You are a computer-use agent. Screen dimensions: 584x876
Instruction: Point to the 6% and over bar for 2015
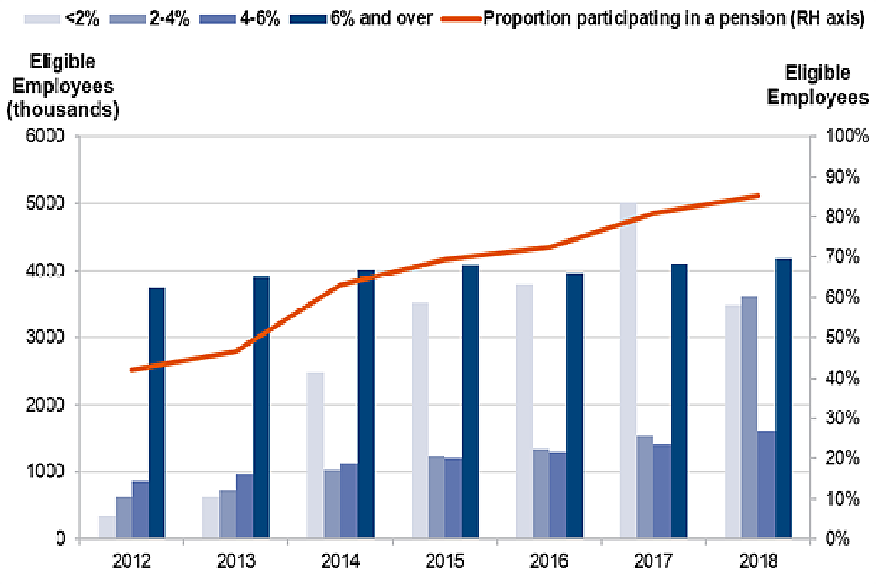471,401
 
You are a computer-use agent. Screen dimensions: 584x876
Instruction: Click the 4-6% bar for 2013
245,506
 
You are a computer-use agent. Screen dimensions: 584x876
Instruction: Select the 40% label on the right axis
842,378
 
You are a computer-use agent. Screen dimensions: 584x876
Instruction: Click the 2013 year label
236,558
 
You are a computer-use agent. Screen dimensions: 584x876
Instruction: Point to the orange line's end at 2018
757,195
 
